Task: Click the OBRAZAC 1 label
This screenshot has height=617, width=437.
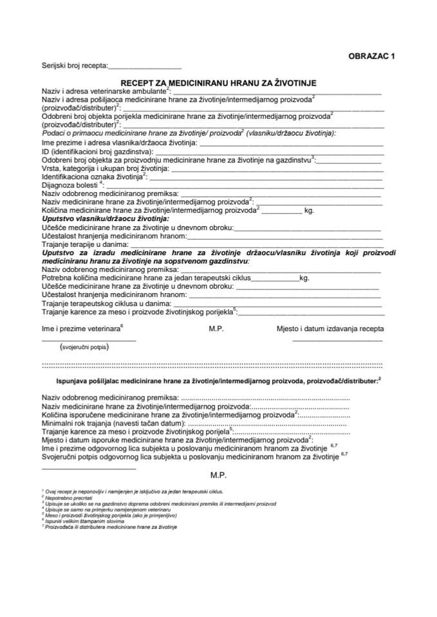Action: pos(372,57)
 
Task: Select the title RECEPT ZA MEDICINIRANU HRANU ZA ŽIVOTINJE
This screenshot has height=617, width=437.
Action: pos(218,82)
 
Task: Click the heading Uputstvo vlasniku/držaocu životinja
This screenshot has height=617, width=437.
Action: pos(109,219)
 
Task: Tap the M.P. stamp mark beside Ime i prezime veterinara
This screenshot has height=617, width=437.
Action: pos(216,329)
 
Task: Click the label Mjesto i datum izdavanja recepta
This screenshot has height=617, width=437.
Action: pos(330,329)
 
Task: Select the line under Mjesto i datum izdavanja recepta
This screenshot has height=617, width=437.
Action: pos(337,340)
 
